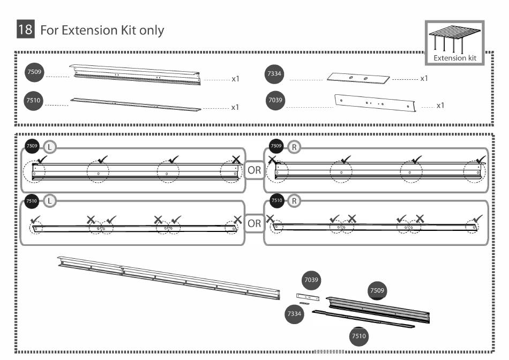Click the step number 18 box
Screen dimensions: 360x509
tap(25, 29)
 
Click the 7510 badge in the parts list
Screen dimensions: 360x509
tap(34, 100)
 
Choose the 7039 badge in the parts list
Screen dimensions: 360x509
tap(275, 100)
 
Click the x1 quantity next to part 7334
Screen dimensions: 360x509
tap(424, 79)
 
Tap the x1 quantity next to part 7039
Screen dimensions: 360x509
tap(440, 106)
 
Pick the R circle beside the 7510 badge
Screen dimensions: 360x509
tap(294, 201)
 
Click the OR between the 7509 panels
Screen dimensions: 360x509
tap(254, 170)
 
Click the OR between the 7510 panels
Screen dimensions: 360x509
tap(254, 223)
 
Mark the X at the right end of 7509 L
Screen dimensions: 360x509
tap(236, 160)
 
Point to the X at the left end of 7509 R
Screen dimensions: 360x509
tap(273, 160)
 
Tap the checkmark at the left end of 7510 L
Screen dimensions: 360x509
tap(36, 219)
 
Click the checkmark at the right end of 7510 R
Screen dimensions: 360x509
tap(477, 219)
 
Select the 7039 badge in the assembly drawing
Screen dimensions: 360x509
tap(312, 280)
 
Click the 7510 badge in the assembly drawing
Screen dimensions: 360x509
tap(358, 336)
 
